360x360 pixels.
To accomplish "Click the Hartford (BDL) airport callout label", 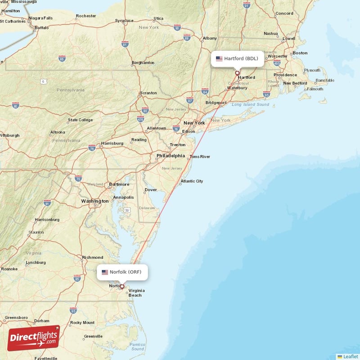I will pos(238,58).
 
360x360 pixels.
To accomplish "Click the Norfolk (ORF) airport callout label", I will pos(122,272).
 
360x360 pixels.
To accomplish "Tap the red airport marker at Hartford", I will pos(237,73).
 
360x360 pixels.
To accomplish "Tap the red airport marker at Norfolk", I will pos(121,286).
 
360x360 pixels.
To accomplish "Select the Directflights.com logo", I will pos(33,337).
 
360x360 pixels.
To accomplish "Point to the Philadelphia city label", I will pos(171,156).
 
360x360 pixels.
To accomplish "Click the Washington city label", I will pos(94,201).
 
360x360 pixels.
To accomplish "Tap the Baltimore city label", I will pos(119,184).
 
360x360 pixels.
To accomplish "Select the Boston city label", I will pos(300,53).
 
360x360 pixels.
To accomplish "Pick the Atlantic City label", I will pos(192,181).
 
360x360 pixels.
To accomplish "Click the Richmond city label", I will pos(93,257).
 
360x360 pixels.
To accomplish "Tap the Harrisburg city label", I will pos(112,143).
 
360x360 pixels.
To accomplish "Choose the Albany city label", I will pos(210,38).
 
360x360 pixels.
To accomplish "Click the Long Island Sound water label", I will pos(250,105).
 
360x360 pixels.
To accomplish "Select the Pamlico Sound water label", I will pos(138,346).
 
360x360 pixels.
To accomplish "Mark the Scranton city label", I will pos(148,93).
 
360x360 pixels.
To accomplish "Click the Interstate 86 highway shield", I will pos(62,58).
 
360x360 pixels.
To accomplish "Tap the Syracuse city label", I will pos(124,21).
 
